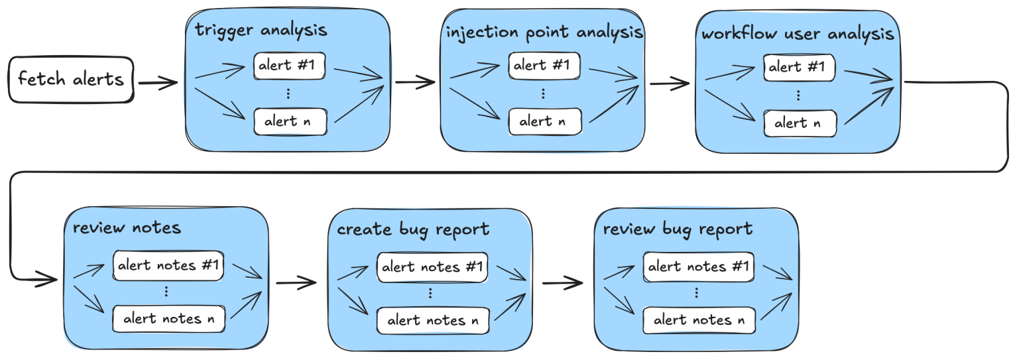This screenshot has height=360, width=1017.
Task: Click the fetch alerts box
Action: tap(70, 80)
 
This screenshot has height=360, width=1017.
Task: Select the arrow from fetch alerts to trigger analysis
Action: tap(158, 84)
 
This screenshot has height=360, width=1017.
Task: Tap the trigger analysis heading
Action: tap(261, 30)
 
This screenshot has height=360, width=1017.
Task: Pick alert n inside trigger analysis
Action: tap(290, 121)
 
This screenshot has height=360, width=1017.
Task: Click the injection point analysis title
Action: tap(544, 32)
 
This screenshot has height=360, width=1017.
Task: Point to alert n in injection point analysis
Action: tap(545, 121)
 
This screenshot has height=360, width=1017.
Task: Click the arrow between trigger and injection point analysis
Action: tap(415, 83)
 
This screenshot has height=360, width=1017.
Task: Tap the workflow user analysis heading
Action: tap(798, 33)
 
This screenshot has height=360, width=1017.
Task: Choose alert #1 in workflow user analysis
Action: tap(799, 68)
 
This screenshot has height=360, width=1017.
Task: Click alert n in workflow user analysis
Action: tap(799, 123)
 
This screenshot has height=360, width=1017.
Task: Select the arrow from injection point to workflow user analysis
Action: tap(670, 84)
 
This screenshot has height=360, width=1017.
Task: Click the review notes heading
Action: tap(127, 228)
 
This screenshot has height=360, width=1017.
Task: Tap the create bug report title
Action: tap(413, 230)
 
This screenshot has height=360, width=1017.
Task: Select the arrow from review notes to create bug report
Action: tap(296, 283)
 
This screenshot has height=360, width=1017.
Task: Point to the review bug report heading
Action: tap(678, 229)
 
